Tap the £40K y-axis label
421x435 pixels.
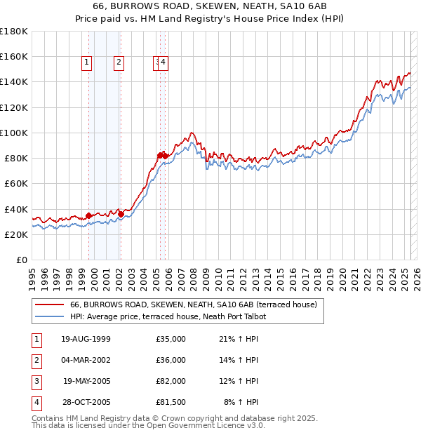pyautogui.click(x=16, y=209)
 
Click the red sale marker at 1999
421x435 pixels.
pyautogui.click(x=88, y=215)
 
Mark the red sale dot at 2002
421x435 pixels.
pyautogui.click(x=120, y=214)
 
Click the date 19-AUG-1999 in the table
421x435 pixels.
pyautogui.click(x=86, y=339)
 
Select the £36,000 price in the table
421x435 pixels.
pyautogui.click(x=171, y=360)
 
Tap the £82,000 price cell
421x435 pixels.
pyautogui.click(x=171, y=381)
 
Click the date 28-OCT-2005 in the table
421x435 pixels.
pyautogui.click(x=86, y=402)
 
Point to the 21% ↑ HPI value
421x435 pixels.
pyautogui.click(x=239, y=339)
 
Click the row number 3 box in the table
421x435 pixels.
pyautogui.click(x=36, y=381)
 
